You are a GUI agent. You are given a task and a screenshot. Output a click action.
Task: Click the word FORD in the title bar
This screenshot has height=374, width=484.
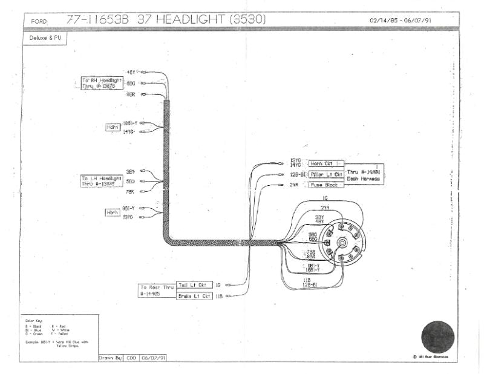click(x=38, y=22)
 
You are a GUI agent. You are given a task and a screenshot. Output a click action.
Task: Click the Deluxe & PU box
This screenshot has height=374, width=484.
click(x=45, y=38)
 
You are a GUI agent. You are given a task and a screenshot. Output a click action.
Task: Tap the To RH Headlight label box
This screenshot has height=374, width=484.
click(x=102, y=83)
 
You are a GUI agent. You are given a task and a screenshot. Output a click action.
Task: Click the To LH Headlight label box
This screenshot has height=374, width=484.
click(x=102, y=180)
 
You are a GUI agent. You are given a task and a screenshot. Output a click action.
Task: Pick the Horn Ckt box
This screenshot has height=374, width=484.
click(x=325, y=163)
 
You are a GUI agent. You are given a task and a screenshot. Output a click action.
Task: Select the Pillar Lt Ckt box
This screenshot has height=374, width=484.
click(x=325, y=174)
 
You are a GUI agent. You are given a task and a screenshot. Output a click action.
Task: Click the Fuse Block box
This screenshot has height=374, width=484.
click(x=325, y=185)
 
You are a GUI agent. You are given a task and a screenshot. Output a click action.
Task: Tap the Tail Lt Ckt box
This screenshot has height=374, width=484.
click(x=194, y=284)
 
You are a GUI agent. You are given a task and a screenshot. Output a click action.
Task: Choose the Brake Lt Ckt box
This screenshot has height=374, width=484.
click(x=194, y=296)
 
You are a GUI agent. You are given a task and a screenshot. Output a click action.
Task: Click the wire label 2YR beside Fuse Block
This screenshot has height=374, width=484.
click(x=294, y=185)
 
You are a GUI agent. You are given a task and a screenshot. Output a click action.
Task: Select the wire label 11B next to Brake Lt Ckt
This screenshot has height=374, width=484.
click(x=220, y=296)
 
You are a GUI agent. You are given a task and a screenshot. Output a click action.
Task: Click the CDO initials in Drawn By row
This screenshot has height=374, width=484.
click(x=131, y=358)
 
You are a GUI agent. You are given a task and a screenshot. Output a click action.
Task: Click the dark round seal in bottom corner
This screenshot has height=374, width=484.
click(x=437, y=337)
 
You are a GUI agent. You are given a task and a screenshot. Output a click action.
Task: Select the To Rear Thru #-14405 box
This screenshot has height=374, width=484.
click(x=157, y=290)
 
